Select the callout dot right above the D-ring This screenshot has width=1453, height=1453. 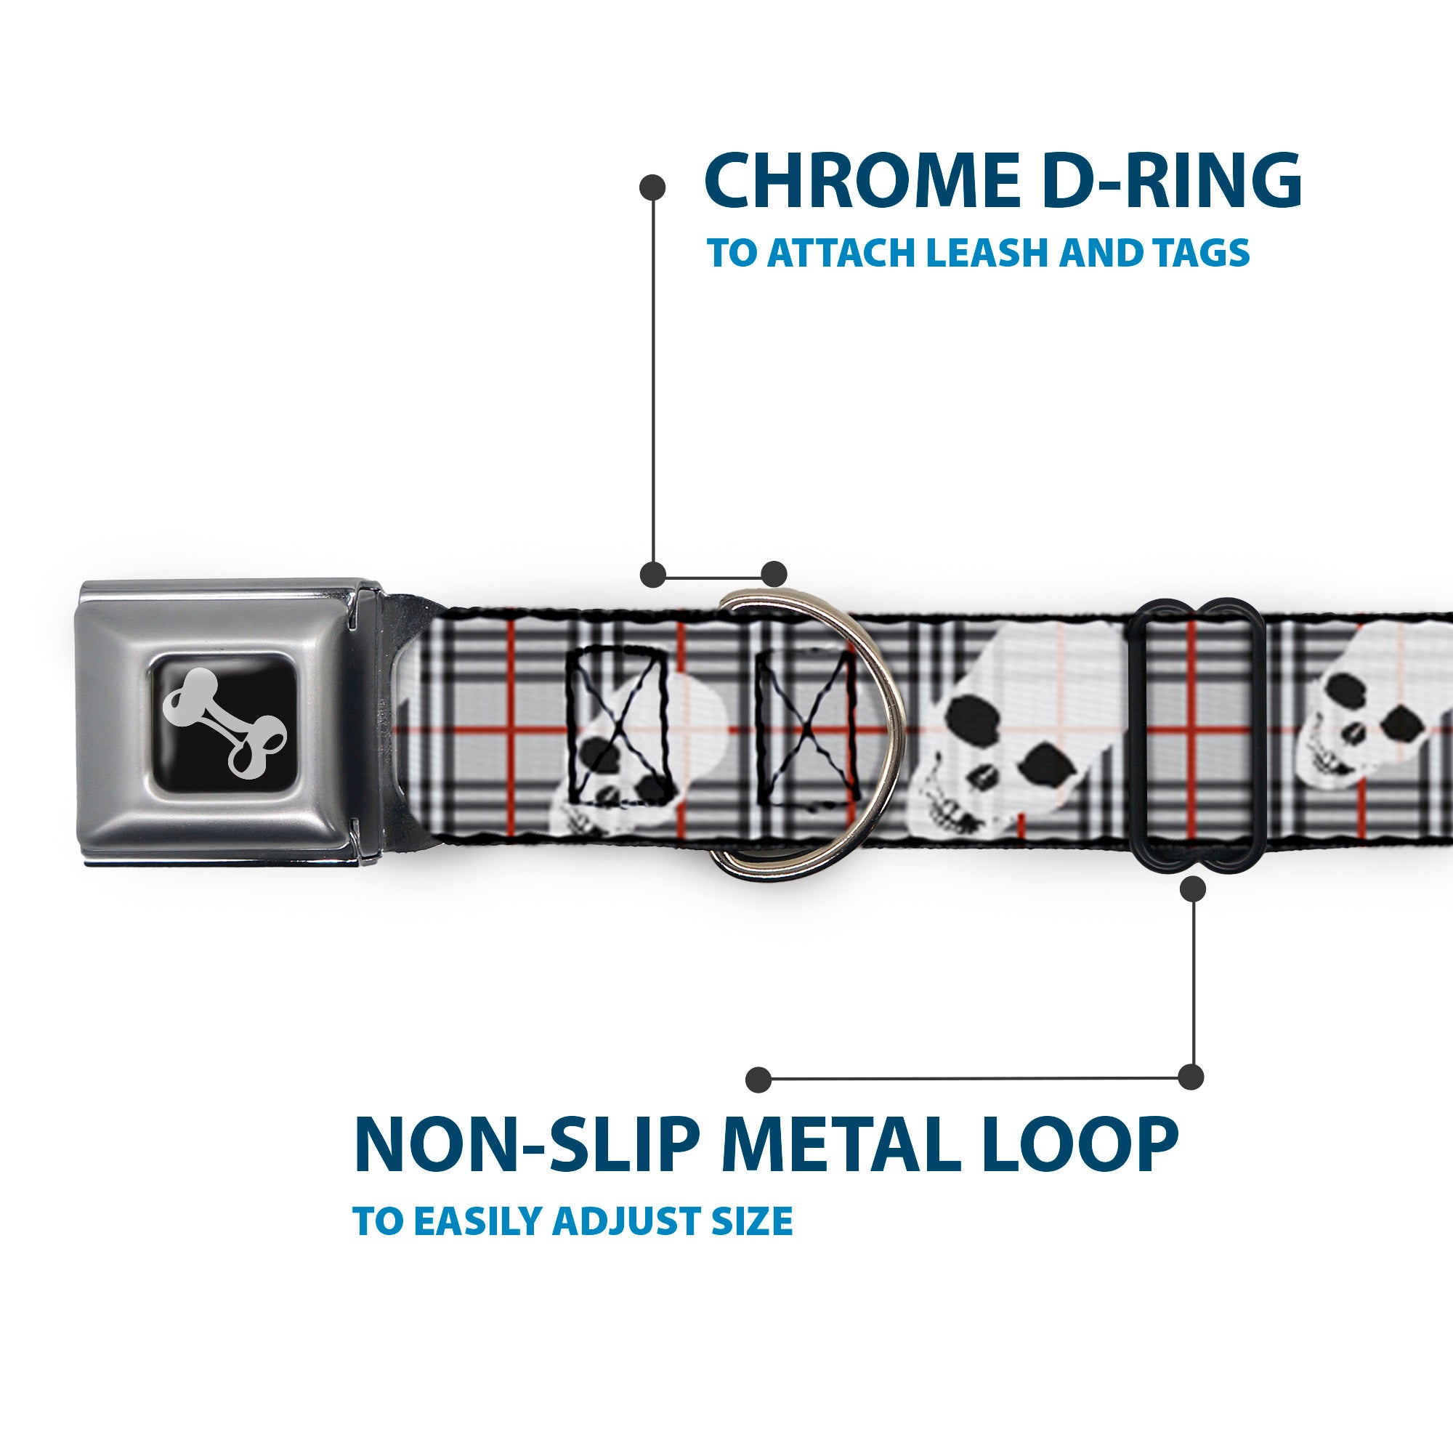click(774, 573)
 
